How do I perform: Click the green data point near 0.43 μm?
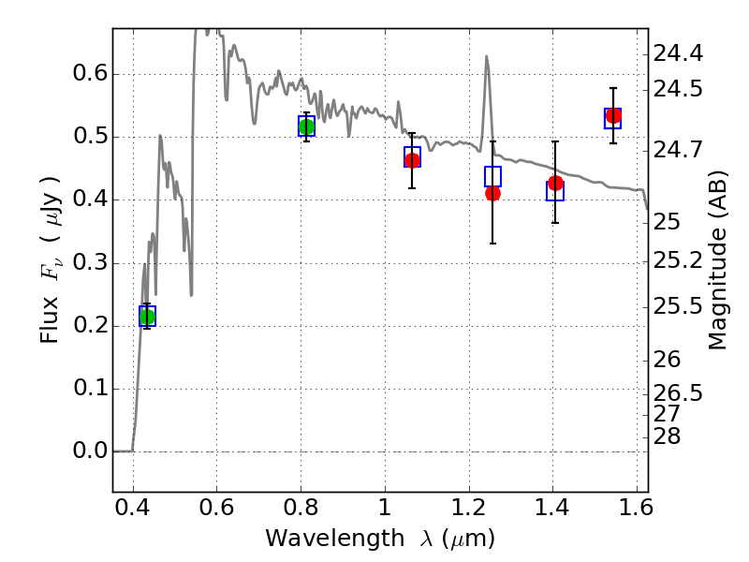pyautogui.click(x=147, y=317)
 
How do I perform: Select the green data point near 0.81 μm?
pyautogui.click(x=306, y=126)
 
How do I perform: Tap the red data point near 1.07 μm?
pyautogui.click(x=412, y=160)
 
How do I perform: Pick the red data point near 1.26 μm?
pyautogui.click(x=492, y=193)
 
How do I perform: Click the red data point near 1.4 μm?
pyautogui.click(x=555, y=183)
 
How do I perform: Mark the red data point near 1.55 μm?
pyautogui.click(x=613, y=115)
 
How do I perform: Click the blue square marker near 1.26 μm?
pyautogui.click(x=492, y=176)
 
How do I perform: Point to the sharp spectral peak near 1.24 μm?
pyautogui.click(x=486, y=56)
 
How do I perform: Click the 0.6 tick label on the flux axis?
pyautogui.click(x=89, y=74)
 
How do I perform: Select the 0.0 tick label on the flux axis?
pyautogui.click(x=89, y=451)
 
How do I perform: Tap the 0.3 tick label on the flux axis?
pyautogui.click(x=89, y=262)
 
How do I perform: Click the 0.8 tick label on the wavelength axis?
pyautogui.click(x=301, y=507)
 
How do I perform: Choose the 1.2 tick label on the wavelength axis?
pyautogui.click(x=469, y=507)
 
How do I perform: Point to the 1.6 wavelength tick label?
pyautogui.click(x=636, y=507)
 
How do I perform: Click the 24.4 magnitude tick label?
pyautogui.click(x=678, y=53)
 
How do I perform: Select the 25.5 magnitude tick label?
pyautogui.click(x=678, y=306)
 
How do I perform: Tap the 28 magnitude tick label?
pyautogui.click(x=667, y=436)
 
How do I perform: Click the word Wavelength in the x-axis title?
pyautogui.click(x=335, y=539)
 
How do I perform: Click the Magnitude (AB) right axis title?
pyautogui.click(x=717, y=260)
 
